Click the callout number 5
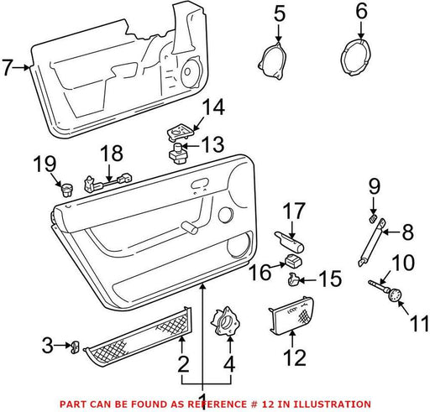point(279,14)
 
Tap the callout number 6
point(361,12)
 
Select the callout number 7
point(8,67)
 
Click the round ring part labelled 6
point(355,58)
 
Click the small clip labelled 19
point(66,190)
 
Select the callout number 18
point(112,154)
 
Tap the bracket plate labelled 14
point(180,132)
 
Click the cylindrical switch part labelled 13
point(177,154)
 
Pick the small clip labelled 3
point(75,347)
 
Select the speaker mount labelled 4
point(226,321)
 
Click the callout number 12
point(295,357)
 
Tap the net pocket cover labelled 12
point(291,316)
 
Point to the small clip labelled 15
point(293,279)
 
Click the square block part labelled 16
point(293,261)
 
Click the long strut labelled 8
point(371,243)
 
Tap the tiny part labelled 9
point(373,218)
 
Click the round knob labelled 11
point(395,295)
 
